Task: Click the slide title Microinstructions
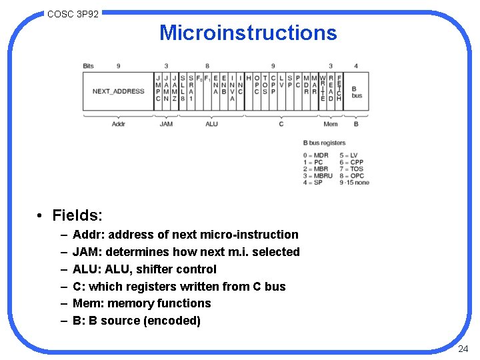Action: coord(248,33)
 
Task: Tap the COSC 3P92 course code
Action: coord(73,13)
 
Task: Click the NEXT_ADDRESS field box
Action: coord(118,91)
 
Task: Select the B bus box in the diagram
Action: coord(357,91)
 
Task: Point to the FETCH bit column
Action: coord(339,88)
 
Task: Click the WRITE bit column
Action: coord(323,88)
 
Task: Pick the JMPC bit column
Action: coord(159,88)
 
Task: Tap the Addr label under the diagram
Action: coord(118,124)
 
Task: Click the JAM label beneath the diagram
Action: coord(166,124)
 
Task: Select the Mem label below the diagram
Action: coord(330,124)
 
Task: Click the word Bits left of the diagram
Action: coord(88,66)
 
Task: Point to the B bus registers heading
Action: coord(325,143)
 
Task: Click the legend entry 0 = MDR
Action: coord(316,155)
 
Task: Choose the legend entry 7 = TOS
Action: coord(351,169)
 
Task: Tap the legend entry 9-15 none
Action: coord(354,182)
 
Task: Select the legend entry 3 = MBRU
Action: coord(318,175)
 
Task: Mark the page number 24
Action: coord(463,349)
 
